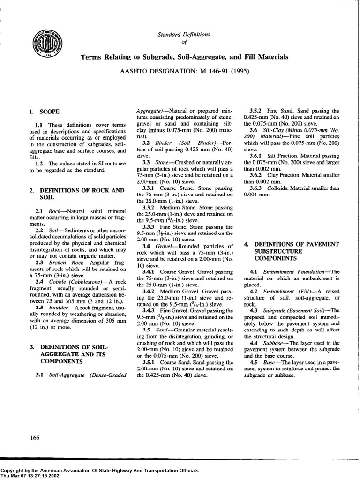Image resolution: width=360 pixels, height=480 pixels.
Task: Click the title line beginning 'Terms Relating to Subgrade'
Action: coord(185,57)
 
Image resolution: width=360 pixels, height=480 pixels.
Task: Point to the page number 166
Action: coord(35,438)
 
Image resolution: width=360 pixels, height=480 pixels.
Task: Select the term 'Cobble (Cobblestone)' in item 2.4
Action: coord(71,281)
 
